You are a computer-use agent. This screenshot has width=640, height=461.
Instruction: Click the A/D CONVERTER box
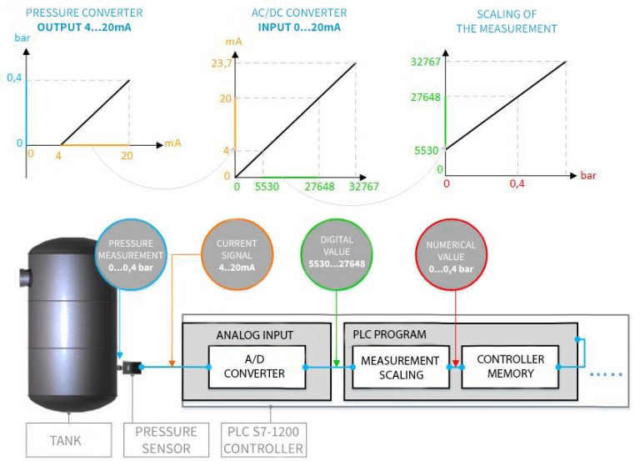point(255,367)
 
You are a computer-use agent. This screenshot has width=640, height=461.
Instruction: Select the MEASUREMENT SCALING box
point(399,367)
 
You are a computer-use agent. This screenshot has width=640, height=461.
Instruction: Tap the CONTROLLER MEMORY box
point(510,367)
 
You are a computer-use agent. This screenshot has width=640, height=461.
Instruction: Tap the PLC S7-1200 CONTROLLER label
point(265,439)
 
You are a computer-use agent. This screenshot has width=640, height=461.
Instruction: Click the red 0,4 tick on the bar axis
point(518,183)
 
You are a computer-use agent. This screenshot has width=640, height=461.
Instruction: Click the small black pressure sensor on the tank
point(132,367)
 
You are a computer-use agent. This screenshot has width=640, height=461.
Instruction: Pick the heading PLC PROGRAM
point(390,334)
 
